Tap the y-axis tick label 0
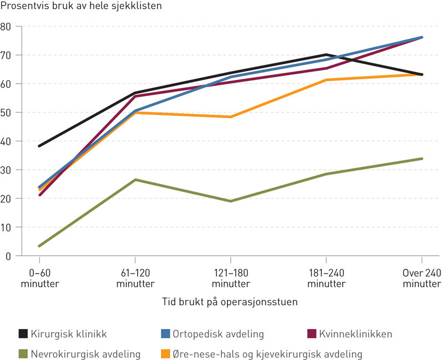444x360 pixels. [8, 256]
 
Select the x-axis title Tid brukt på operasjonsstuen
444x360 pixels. [230, 302]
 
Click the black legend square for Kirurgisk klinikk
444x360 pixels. [23, 333]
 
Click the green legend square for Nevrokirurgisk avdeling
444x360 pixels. [23, 353]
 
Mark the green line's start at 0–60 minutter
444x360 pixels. [39, 246]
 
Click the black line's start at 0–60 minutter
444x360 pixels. [39, 146]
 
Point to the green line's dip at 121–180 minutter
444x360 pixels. [230, 201]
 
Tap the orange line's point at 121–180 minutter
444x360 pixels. [230, 117]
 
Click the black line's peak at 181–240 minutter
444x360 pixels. [326, 55]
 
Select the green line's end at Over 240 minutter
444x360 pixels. [422, 159]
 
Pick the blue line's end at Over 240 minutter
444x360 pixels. [422, 37]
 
